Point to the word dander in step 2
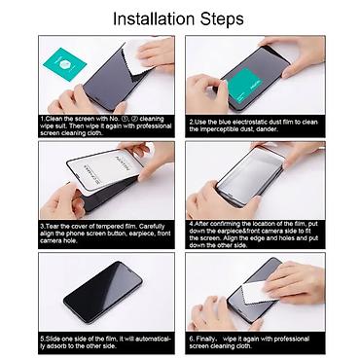pyautogui.click(x=286, y=129)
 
